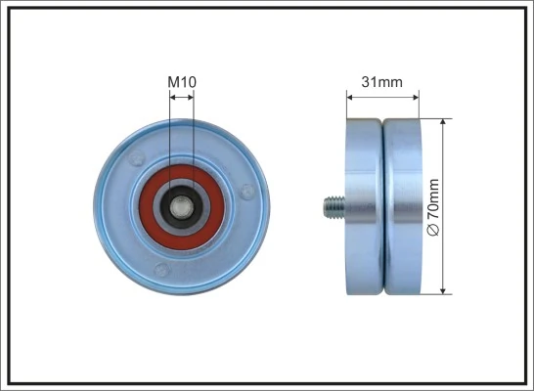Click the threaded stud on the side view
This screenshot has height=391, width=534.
pos(334,206)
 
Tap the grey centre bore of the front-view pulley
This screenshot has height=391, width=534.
pos(182,205)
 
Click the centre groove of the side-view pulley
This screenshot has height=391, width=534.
pos(382,206)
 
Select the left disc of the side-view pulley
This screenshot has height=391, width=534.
pos(364,206)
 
